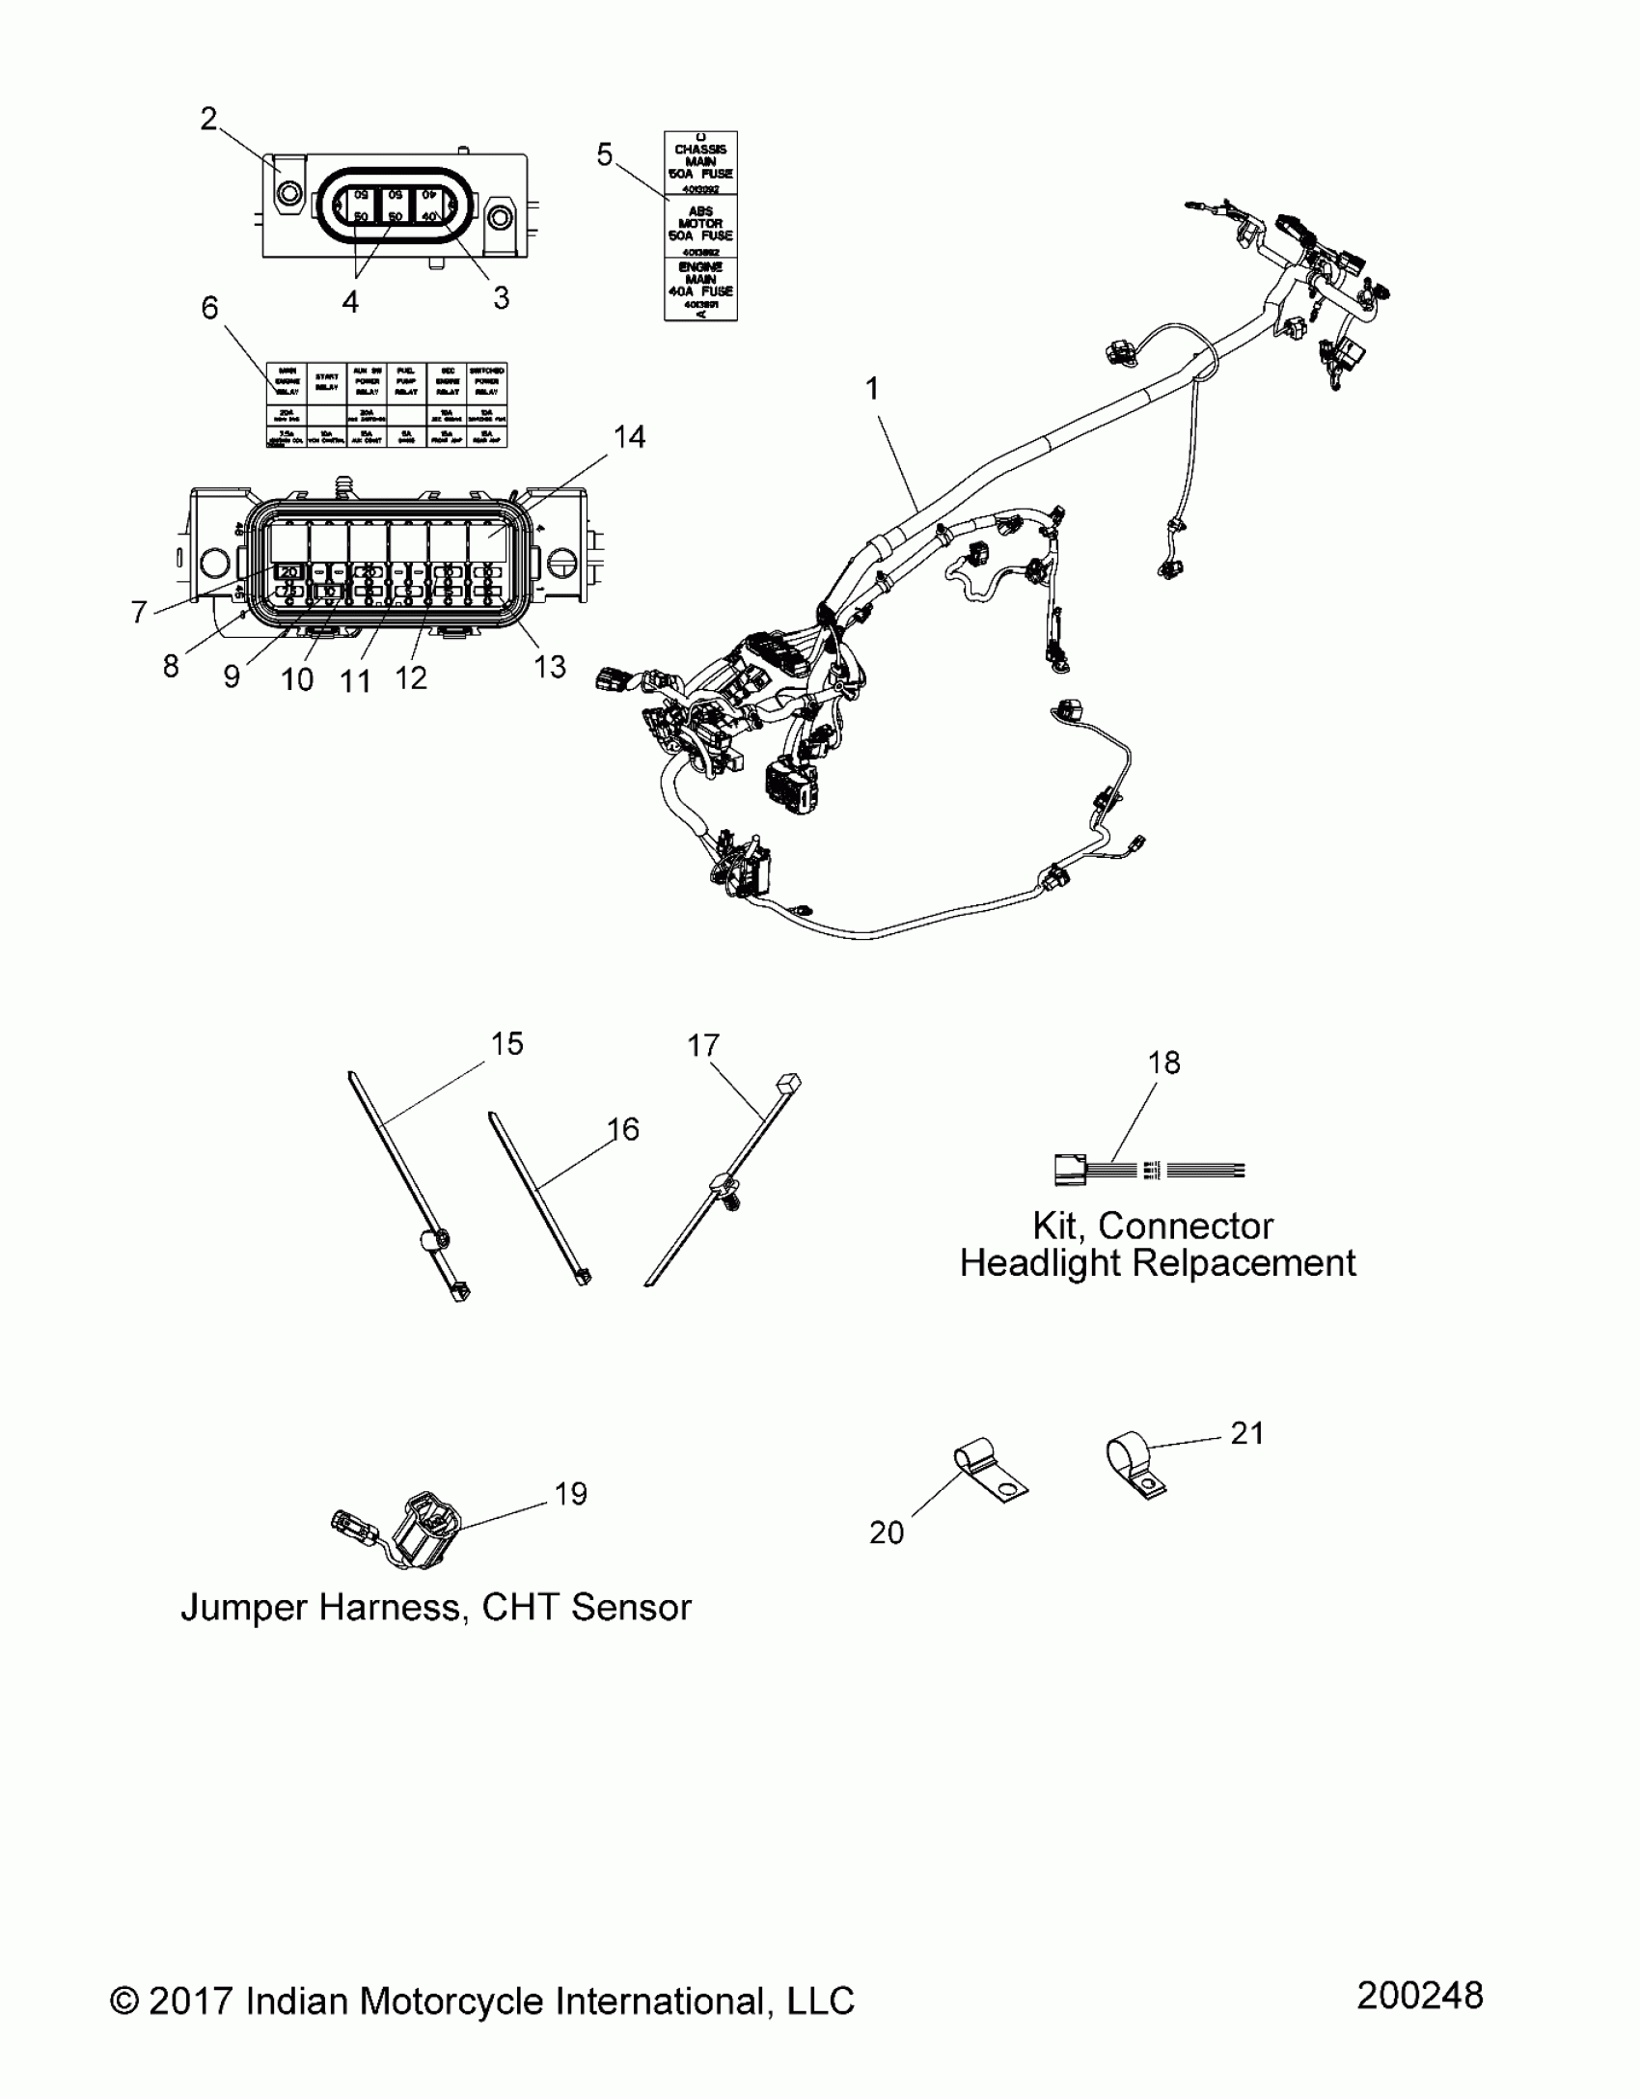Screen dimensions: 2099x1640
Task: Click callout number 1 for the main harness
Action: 872,389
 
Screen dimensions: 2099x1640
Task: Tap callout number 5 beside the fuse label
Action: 605,154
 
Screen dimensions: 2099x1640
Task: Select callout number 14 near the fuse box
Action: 629,437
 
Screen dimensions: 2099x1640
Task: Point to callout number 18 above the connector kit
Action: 1164,1063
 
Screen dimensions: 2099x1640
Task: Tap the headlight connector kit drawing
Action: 1148,1171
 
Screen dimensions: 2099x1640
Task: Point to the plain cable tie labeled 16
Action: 540,1197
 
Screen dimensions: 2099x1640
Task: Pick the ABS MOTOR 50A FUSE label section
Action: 700,224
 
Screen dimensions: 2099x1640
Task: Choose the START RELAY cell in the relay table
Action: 327,382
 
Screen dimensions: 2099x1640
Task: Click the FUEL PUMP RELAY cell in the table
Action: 406,382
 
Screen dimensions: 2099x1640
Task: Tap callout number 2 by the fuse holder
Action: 208,120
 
